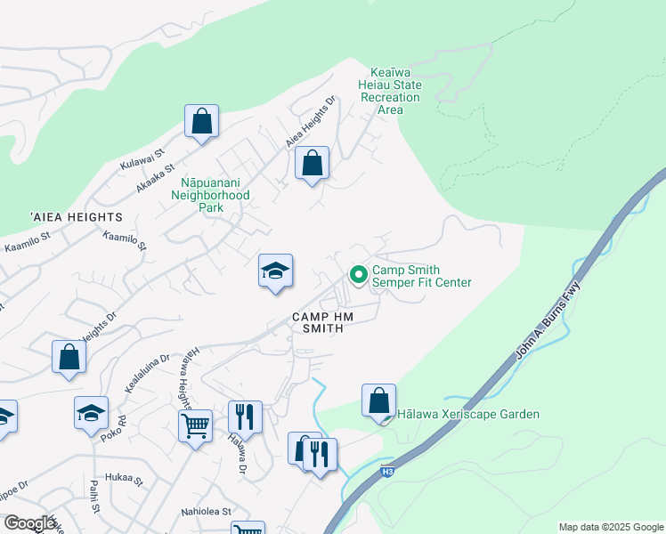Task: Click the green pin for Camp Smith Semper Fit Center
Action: [x=359, y=275]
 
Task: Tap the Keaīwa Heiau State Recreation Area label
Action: [x=390, y=91]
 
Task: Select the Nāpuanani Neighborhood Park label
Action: [x=210, y=189]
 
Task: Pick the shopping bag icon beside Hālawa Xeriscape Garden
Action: [x=379, y=400]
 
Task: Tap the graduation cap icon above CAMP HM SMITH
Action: [x=276, y=271]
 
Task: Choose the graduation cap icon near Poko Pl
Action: [x=92, y=413]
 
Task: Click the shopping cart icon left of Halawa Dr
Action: [x=195, y=425]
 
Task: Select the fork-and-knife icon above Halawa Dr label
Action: [x=245, y=417]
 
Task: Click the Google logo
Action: [x=29, y=523]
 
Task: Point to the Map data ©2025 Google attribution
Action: [x=610, y=527]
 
